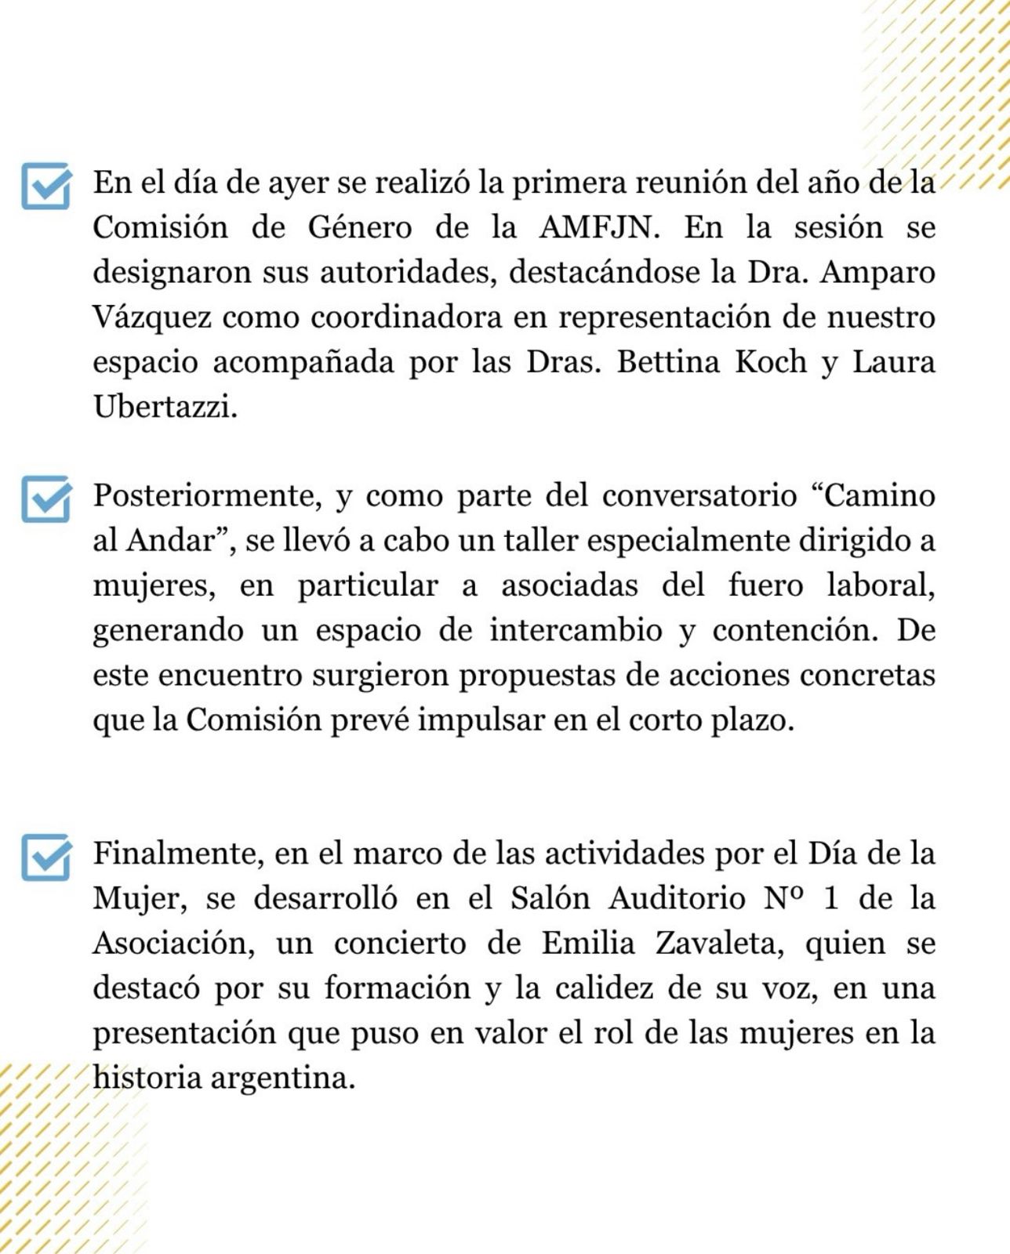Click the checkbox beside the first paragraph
(x=46, y=185)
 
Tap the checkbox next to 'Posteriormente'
(x=46, y=498)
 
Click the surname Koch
(x=772, y=362)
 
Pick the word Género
(x=359, y=227)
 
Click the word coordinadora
(x=406, y=317)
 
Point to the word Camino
(x=873, y=495)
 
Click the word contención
(x=795, y=630)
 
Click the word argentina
(x=283, y=1078)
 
